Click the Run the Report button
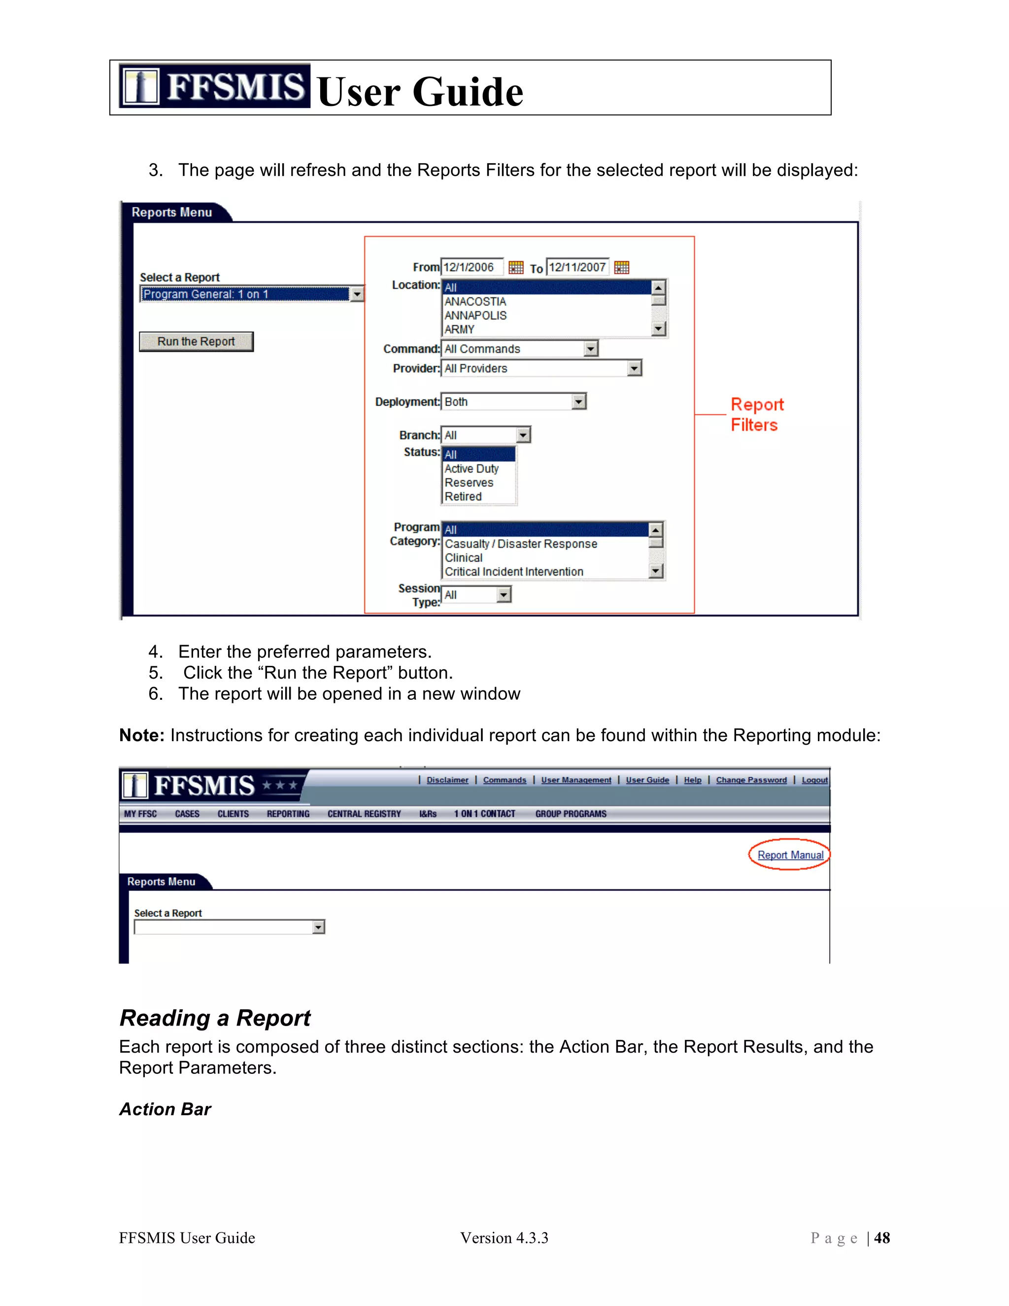[x=196, y=342]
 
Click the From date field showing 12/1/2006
[x=471, y=267]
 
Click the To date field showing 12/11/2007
[x=577, y=267]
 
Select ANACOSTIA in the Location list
[x=475, y=302]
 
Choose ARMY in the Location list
[x=460, y=330]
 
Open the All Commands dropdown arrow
[x=591, y=348]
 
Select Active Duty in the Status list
[x=471, y=469]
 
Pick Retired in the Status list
[x=463, y=496]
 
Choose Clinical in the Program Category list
[x=464, y=557]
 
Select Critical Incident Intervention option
[x=514, y=572]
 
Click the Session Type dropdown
[x=476, y=594]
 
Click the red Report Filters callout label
[x=756, y=414]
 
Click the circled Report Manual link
[x=790, y=855]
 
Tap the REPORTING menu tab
[x=288, y=814]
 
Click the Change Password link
[x=751, y=780]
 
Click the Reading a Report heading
[x=215, y=1018]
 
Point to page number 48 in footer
[x=882, y=1238]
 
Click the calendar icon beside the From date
[x=516, y=267]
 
